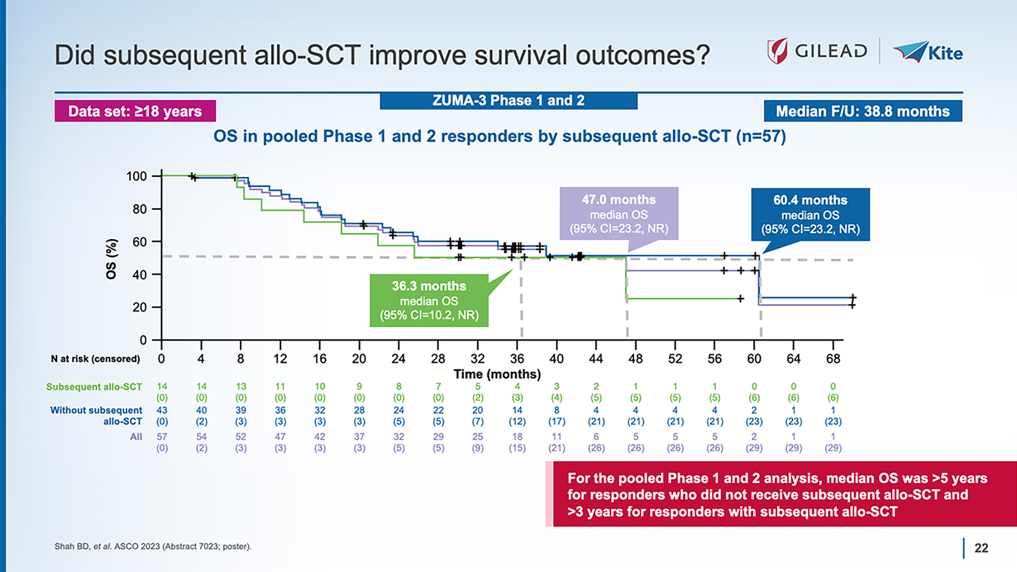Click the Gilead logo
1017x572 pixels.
[x=816, y=51]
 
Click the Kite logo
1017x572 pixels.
[x=928, y=52]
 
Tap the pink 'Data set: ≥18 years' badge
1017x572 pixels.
[x=135, y=111]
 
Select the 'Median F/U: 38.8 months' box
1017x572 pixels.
[x=863, y=111]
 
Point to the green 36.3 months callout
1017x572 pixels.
[x=429, y=300]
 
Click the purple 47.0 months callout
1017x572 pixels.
[x=619, y=214]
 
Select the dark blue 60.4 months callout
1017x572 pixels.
[x=810, y=214]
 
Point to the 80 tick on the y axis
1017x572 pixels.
[x=139, y=209]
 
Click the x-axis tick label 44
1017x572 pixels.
[x=596, y=358]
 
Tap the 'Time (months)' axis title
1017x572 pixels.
[x=497, y=374]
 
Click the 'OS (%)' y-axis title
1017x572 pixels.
[x=111, y=259]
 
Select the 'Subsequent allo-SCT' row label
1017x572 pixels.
[x=94, y=386]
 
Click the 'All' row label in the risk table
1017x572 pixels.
[x=136, y=437]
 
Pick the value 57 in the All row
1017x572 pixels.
[x=162, y=437]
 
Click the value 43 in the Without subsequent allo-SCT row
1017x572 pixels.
[x=162, y=410]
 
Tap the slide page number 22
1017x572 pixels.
[x=981, y=548]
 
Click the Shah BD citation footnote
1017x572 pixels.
[x=153, y=546]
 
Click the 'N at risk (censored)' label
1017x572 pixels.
[x=95, y=359]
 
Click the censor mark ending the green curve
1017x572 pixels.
[x=741, y=299]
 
